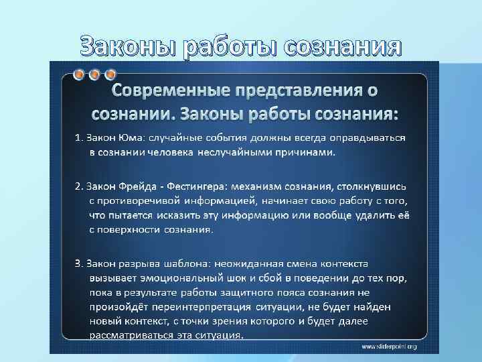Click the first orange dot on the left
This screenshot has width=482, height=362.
coord(80,74)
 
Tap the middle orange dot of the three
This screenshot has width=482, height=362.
coord(95,74)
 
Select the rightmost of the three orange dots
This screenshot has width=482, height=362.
coord(110,74)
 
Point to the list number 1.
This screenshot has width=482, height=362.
coord(76,138)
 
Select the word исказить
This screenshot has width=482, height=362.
coord(180,215)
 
